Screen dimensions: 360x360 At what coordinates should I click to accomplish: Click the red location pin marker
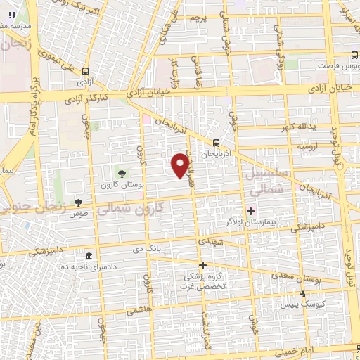click(x=181, y=165)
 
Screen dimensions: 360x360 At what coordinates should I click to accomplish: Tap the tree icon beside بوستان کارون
click(x=122, y=173)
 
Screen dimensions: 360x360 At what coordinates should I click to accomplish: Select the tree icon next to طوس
click(x=78, y=202)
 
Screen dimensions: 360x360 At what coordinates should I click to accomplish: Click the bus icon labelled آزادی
click(x=86, y=72)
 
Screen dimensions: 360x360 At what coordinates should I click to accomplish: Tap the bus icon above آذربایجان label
click(x=215, y=141)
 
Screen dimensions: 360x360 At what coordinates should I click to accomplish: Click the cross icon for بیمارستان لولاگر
click(x=250, y=210)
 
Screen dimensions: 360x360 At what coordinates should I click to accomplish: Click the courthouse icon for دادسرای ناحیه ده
click(x=89, y=256)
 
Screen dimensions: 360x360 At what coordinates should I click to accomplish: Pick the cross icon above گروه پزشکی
click(x=203, y=265)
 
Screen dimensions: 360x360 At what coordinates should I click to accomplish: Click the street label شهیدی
click(x=211, y=241)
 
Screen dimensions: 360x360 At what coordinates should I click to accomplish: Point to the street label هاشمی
click(x=136, y=309)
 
